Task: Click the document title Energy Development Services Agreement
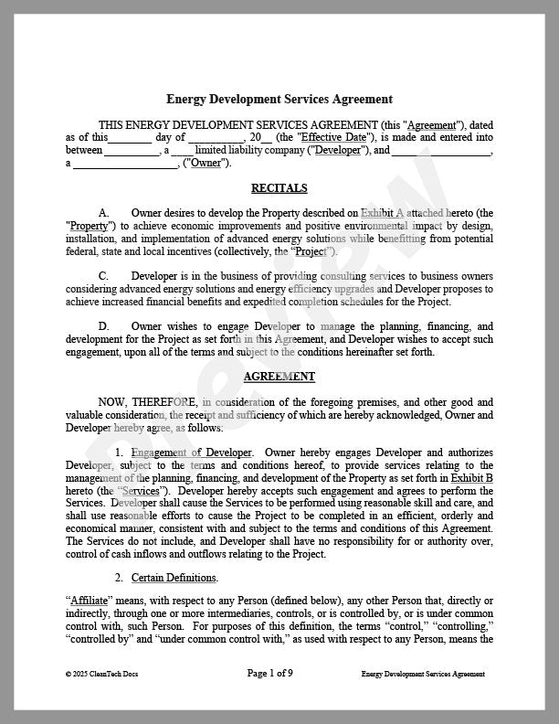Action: pos(279,99)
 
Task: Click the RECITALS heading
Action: pos(279,188)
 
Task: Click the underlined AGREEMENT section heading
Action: pos(279,376)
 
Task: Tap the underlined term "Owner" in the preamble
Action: pos(207,163)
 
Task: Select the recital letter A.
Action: pos(104,213)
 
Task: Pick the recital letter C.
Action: pos(104,276)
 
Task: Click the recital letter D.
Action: pos(104,326)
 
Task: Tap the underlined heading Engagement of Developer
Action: pos(192,452)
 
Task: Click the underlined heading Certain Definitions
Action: pos(174,578)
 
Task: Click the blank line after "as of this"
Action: pos(131,138)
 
